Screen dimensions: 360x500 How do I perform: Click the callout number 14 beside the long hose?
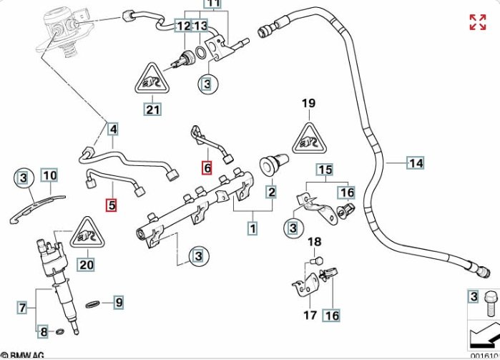tap(416, 163)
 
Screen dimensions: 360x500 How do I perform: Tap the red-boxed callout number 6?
tap(207, 168)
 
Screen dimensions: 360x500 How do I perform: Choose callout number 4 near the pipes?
tap(113, 130)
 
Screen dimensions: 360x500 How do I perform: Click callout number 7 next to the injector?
tap(22, 308)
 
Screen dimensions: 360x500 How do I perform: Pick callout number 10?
tap(49, 175)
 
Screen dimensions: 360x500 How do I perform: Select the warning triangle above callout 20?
tap(87, 234)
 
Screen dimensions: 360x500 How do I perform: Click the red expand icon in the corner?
tap(477, 22)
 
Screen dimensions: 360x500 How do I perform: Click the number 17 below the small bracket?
tap(309, 315)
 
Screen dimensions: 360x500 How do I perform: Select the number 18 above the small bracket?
tap(315, 243)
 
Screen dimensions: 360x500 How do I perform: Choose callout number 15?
tap(325, 170)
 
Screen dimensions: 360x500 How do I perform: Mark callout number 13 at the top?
tap(200, 26)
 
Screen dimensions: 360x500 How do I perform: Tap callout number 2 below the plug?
tap(272, 191)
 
